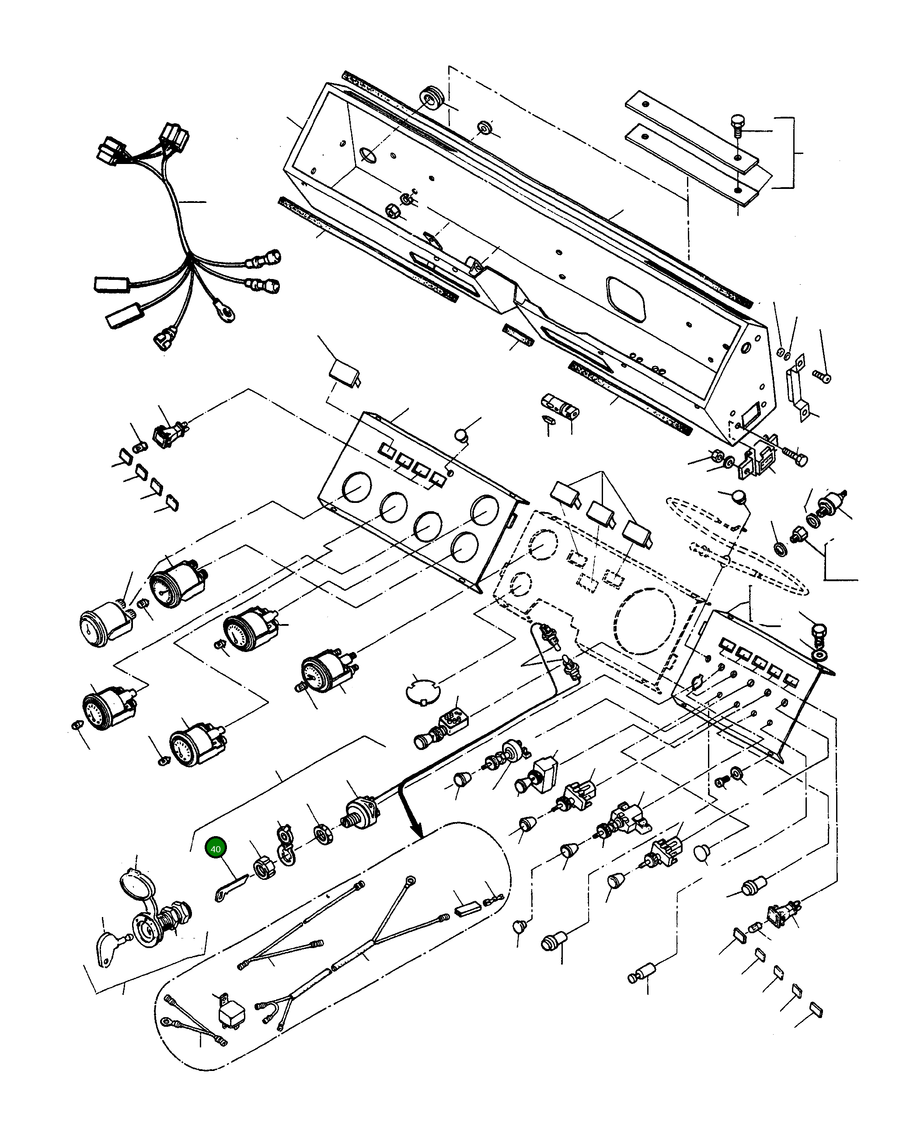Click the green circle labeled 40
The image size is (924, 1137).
[x=216, y=864]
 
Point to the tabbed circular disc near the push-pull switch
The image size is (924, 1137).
[x=423, y=693]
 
